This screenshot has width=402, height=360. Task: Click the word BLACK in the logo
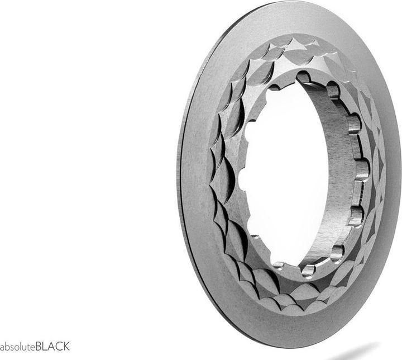(52, 346)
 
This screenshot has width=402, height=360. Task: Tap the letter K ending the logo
(66, 346)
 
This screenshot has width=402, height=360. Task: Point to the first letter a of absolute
(2, 347)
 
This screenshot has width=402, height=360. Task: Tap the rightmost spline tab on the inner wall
(362, 168)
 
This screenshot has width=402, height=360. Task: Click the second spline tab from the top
(333, 90)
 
